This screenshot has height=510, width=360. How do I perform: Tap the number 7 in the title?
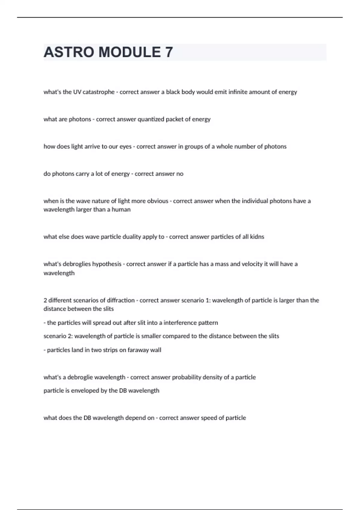click(169, 52)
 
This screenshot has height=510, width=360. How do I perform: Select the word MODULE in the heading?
click(130, 52)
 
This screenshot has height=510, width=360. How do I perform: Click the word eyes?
click(125, 147)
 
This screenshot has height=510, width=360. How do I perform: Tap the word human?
click(121, 210)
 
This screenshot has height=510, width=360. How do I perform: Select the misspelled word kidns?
click(257, 237)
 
